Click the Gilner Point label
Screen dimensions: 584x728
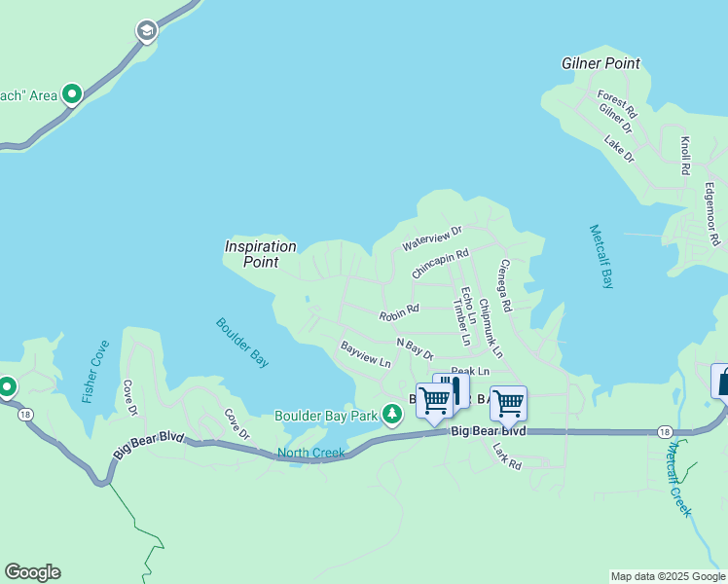click(x=601, y=63)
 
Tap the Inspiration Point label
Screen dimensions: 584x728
click(x=260, y=254)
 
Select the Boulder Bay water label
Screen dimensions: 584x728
click(x=242, y=343)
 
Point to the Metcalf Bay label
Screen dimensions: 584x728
click(x=601, y=257)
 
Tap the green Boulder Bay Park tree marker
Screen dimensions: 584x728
click(x=392, y=416)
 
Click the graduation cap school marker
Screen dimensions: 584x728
click(x=146, y=32)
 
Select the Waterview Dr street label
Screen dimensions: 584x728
click(x=431, y=237)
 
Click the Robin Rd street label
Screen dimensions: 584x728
click(x=399, y=313)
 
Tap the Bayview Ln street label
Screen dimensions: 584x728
click(x=365, y=354)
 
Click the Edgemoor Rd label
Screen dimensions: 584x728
click(x=711, y=213)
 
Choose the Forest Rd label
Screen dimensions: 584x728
click(x=617, y=99)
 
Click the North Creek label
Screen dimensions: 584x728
click(x=311, y=453)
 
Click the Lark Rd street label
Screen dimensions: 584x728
click(x=507, y=457)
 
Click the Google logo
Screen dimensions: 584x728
click(x=32, y=572)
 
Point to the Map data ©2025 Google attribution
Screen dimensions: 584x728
click(x=667, y=576)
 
